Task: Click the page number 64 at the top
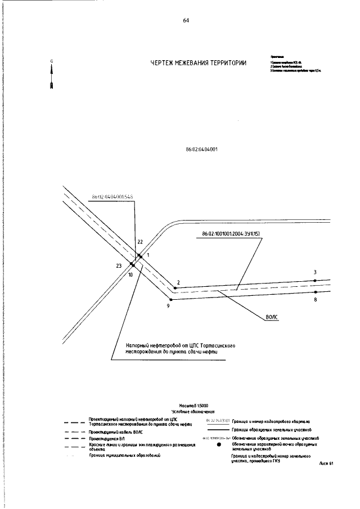click(x=186, y=21)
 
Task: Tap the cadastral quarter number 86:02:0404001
click(x=201, y=150)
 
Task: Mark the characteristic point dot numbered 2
click(x=175, y=287)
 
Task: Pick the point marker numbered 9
click(x=170, y=300)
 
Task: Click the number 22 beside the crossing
click(x=140, y=242)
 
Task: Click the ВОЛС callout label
click(x=272, y=317)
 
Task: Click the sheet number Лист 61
click(x=326, y=463)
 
